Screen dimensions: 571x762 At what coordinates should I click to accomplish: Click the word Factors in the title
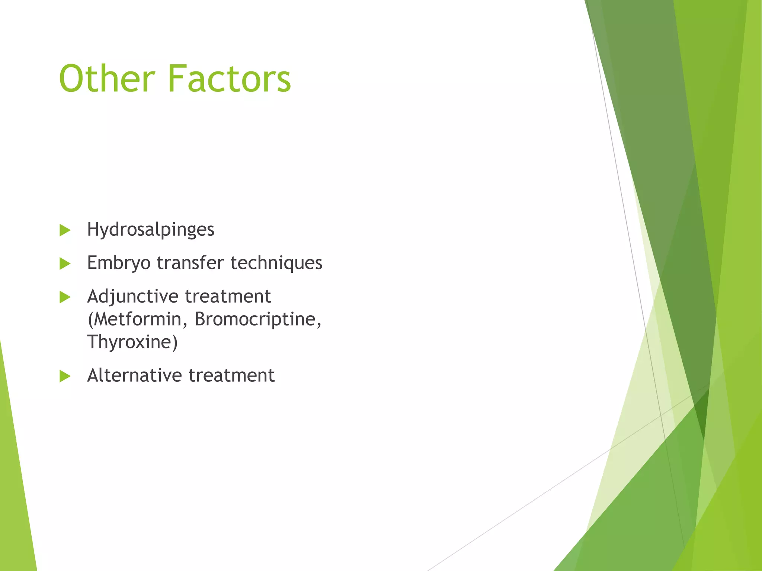pyautogui.click(x=229, y=79)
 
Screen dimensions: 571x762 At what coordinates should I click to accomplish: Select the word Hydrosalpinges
pyautogui.click(x=150, y=230)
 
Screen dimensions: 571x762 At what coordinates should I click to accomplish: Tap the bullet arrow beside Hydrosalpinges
pyautogui.click(x=65, y=230)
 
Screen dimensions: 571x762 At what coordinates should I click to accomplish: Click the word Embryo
pyautogui.click(x=119, y=263)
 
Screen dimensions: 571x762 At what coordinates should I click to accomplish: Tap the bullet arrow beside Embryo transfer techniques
pyautogui.click(x=65, y=264)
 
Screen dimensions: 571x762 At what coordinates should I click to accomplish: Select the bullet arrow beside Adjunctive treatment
pyautogui.click(x=65, y=297)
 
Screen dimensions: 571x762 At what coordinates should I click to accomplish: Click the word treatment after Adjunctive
pyautogui.click(x=228, y=296)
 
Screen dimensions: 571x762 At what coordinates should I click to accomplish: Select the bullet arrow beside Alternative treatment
pyautogui.click(x=65, y=376)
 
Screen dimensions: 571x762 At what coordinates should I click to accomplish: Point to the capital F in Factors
pyautogui.click(x=177, y=79)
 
